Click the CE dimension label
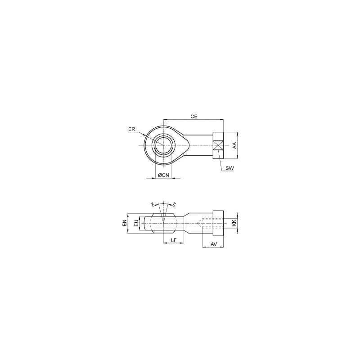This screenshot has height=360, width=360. tap(194, 116)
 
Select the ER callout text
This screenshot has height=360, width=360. tap(131, 130)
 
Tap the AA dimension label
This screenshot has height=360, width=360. tap(234, 145)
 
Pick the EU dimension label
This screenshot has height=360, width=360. tap(136, 223)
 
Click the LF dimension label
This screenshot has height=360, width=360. tap(173, 240)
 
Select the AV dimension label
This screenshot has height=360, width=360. tap(214, 244)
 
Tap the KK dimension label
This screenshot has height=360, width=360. tap(234, 223)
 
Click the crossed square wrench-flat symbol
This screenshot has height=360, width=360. tap(219, 145)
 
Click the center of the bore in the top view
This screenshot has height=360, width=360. tap(163, 144)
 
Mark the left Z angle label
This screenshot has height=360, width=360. tap(153, 205)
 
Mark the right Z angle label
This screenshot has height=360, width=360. tap(174, 205)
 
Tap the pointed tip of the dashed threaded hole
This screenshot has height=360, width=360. tap(197, 222)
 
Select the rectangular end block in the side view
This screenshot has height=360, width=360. tap(218, 223)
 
